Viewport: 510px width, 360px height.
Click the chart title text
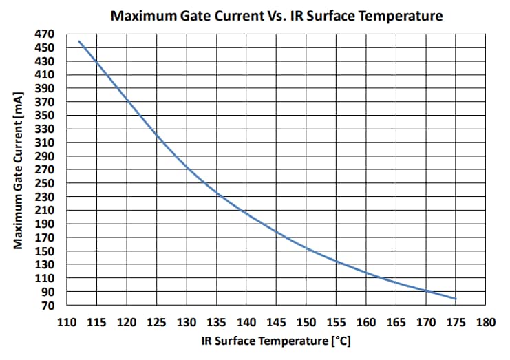pyautogui.click(x=277, y=15)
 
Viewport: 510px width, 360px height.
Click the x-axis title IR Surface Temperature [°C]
pyautogui.click(x=277, y=341)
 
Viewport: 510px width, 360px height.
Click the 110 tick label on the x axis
pyautogui.click(x=67, y=321)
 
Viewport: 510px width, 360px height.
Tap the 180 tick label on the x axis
pyautogui.click(x=486, y=321)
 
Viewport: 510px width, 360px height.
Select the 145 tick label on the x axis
pyautogui.click(x=276, y=321)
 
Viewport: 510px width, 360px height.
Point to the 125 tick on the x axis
pyautogui.click(x=156, y=321)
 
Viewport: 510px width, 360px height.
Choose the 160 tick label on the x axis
pyautogui.click(x=366, y=321)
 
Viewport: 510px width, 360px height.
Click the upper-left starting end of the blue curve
pyautogui.click(x=79, y=41)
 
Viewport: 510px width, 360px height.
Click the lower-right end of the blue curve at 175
pyautogui.click(x=456, y=299)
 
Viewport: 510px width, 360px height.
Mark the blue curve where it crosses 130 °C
pyautogui.click(x=187, y=167)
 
